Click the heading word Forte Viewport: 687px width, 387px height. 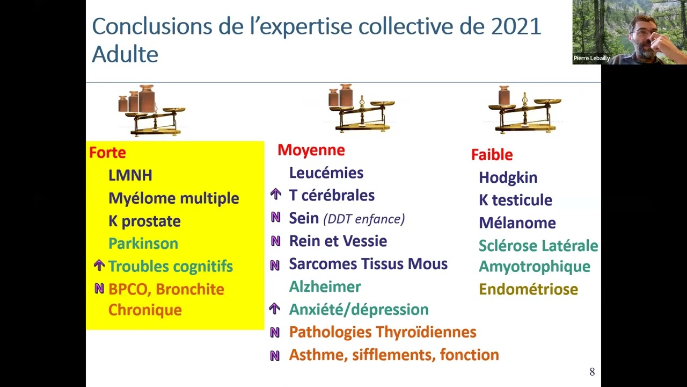pyautogui.click(x=107, y=153)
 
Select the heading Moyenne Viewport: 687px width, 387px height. pyautogui.click(x=311, y=150)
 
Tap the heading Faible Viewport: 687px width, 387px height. pyautogui.click(x=492, y=155)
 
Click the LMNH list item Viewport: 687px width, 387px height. pyautogui.click(x=130, y=175)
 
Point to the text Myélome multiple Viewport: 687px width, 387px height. pyautogui.click(x=173, y=198)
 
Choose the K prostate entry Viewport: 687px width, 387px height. pyautogui.click(x=144, y=221)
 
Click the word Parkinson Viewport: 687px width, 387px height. pyautogui.click(x=143, y=243)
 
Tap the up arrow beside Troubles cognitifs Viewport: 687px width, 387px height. pyautogui.click(x=99, y=266)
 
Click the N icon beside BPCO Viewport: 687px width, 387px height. pyautogui.click(x=99, y=289)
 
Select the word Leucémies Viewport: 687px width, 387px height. pyautogui.click(x=326, y=173)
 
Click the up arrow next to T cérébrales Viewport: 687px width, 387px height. pyautogui.click(x=275, y=195)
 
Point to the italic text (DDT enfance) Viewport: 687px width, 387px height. pyautogui.click(x=364, y=219)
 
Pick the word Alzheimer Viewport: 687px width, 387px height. pyautogui.click(x=325, y=286)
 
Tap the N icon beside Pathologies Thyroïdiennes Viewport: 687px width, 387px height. pyautogui.click(x=275, y=333)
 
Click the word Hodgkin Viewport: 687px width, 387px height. pyautogui.click(x=508, y=177)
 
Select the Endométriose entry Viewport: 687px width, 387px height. pyautogui.click(x=528, y=289)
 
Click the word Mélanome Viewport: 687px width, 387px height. pyautogui.click(x=517, y=223)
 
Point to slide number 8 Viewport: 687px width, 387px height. pyautogui.click(x=592, y=372)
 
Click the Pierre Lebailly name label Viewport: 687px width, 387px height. pyautogui.click(x=591, y=58)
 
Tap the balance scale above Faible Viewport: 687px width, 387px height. pyautogui.click(x=524, y=110)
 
